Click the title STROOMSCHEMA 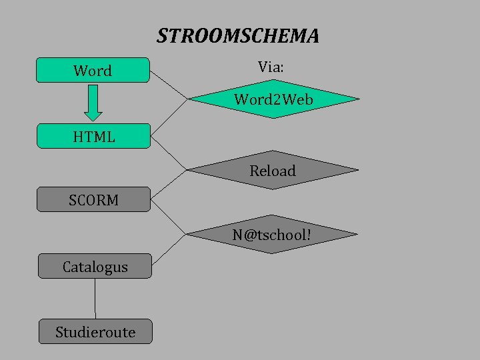(238, 36)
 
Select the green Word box (93, 70)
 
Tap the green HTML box (93, 136)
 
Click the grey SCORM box (93, 199)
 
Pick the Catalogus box (95, 266)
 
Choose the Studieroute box (95, 331)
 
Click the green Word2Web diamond (273, 100)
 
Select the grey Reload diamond (272, 171)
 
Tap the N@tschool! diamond (272, 235)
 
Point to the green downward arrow (93, 103)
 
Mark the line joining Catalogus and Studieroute (95, 299)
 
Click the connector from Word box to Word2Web (169, 85)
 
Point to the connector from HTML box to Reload (169, 152)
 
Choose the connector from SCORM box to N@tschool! (169, 217)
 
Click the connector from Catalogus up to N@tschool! (169, 251)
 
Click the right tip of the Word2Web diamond (358, 99)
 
